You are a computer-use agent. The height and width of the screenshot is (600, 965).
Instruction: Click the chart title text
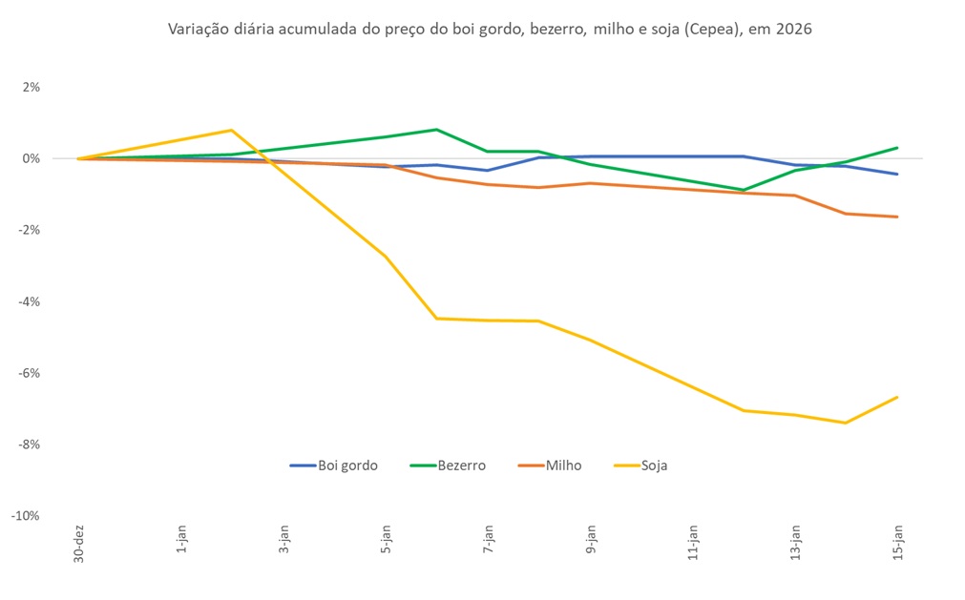click(x=490, y=30)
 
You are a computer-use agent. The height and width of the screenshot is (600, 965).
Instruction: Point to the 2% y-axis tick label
click(x=31, y=87)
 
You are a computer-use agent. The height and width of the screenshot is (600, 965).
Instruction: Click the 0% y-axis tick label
click(x=31, y=158)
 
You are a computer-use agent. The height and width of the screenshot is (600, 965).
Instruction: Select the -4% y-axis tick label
click(x=30, y=301)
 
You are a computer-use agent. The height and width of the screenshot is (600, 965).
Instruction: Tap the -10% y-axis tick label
click(x=27, y=516)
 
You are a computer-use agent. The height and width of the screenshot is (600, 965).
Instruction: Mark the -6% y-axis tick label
click(x=30, y=373)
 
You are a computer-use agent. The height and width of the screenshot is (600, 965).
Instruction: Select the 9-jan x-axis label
click(x=591, y=543)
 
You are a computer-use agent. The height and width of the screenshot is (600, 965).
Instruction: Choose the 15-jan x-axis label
click(x=897, y=543)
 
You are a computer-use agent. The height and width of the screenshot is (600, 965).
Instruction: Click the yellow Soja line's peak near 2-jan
click(x=232, y=130)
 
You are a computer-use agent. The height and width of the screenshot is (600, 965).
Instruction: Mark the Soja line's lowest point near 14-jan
click(x=846, y=423)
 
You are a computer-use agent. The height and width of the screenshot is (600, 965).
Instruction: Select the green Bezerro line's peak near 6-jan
click(x=436, y=129)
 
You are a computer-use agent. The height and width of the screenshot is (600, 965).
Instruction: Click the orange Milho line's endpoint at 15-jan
click(x=897, y=217)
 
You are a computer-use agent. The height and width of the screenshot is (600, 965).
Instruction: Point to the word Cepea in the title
click(x=724, y=30)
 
